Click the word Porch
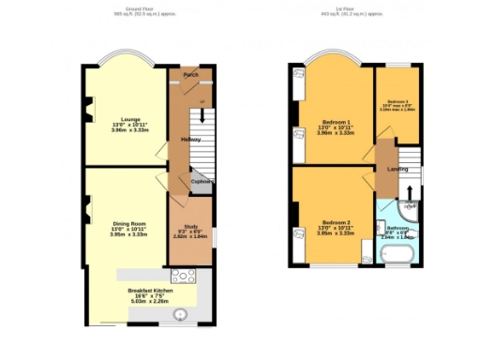pyautogui.click(x=190, y=74)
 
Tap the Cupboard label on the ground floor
pyautogui.click(x=202, y=182)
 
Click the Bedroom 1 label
pyautogui.click(x=336, y=122)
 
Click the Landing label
pyautogui.click(x=397, y=169)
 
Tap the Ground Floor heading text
pyautogui.click(x=141, y=8)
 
